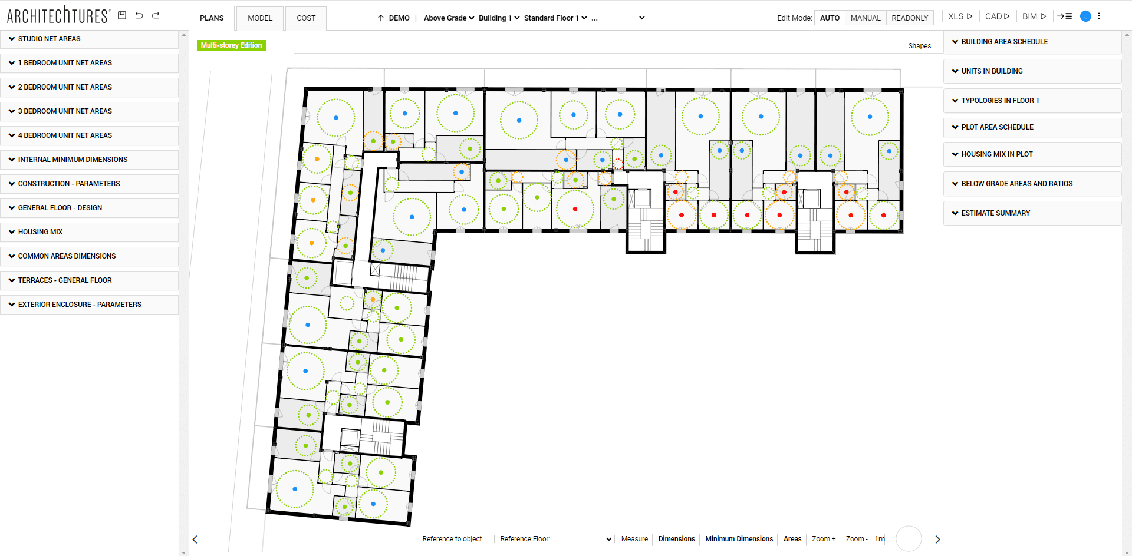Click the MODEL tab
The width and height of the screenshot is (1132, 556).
(260, 18)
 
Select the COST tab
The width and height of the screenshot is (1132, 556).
(306, 18)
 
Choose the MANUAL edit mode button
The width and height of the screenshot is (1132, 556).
(866, 18)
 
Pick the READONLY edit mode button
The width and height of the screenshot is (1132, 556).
(910, 18)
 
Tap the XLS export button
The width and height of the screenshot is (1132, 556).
(960, 16)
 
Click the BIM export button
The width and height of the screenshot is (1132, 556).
(1034, 16)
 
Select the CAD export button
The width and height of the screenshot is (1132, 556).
(998, 16)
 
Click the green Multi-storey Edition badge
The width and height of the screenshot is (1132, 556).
(231, 45)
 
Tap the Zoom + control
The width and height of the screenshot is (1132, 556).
(824, 539)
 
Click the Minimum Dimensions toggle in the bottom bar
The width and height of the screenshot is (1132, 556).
(739, 539)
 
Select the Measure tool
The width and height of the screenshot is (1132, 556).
(634, 539)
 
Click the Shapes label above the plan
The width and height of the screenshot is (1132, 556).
(920, 46)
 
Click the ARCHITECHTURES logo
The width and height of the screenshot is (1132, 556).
(58, 15)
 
